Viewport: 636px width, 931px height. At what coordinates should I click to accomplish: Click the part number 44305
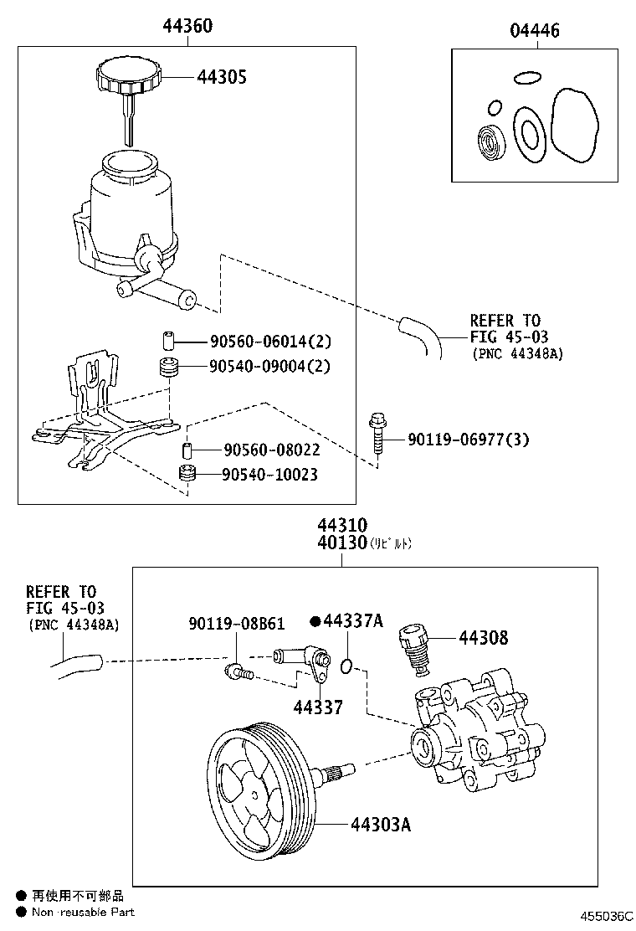(222, 77)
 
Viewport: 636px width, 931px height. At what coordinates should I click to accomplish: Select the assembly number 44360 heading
(187, 27)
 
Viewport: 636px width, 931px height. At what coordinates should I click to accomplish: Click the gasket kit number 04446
(535, 31)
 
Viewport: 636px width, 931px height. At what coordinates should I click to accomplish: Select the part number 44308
(483, 638)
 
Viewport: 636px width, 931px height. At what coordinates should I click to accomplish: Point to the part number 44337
(317, 707)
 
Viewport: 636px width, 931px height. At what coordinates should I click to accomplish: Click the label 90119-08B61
(237, 624)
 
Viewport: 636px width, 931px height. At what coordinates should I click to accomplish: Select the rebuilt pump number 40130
(341, 543)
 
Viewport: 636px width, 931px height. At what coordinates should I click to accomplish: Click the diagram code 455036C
(602, 918)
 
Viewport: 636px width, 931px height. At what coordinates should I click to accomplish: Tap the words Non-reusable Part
(83, 912)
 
